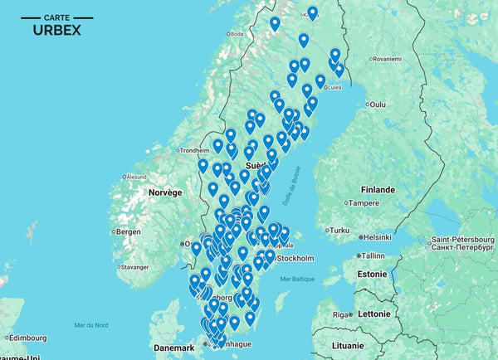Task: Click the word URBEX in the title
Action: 56,30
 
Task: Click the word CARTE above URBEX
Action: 56,17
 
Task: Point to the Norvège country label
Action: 164,192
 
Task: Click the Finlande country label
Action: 378,188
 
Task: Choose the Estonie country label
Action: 373,273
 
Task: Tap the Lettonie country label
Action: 373,314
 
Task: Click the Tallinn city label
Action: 373,255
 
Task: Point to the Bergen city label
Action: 129,231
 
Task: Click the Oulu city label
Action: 378,105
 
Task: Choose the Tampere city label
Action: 364,203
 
